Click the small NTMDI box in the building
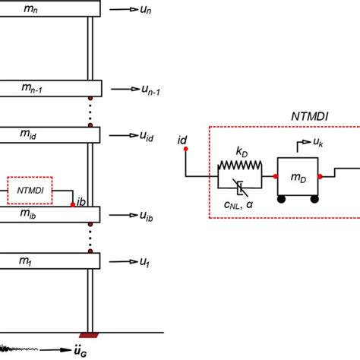pyautogui.click(x=30, y=191)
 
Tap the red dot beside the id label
pyautogui.click(x=184, y=150)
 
